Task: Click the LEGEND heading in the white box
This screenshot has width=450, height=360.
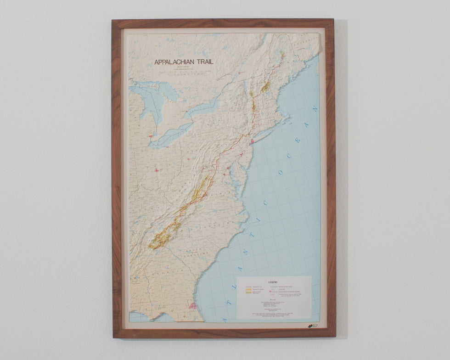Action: tap(273, 282)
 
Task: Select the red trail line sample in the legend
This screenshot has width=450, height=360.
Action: tap(251, 287)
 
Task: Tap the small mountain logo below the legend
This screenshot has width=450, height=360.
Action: tap(312, 326)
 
